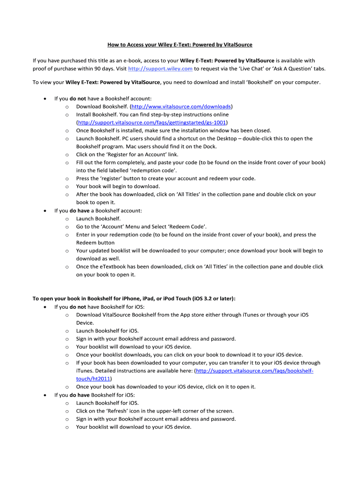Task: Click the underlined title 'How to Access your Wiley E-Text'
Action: pos(180,45)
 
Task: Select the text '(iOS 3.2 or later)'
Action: pos(209,298)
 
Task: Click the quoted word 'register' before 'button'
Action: pos(104,178)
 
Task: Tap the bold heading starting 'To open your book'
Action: pos(134,298)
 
